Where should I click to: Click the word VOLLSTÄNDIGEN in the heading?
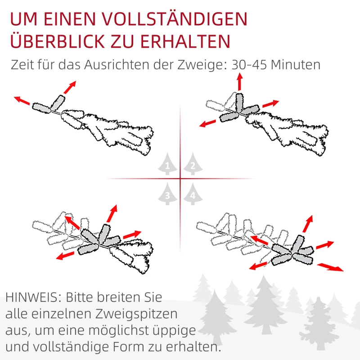pos(175,19)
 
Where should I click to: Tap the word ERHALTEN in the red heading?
pos(185,41)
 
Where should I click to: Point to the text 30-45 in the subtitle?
pos(249,65)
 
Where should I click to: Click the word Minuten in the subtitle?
pos(296,65)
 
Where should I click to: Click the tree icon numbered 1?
pos(167,164)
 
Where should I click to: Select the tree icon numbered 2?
pos(193,164)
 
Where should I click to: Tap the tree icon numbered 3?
pos(167,194)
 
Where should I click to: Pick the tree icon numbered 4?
pos(193,194)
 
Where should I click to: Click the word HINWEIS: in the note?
pos(33,297)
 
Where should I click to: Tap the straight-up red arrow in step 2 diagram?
pos(240,81)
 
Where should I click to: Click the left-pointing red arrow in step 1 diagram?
pos(22,100)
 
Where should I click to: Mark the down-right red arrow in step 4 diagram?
pos(330,267)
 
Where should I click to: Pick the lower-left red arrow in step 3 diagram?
pos(65,255)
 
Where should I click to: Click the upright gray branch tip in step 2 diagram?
pos(239,103)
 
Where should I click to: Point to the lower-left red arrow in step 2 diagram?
pos(208,123)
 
